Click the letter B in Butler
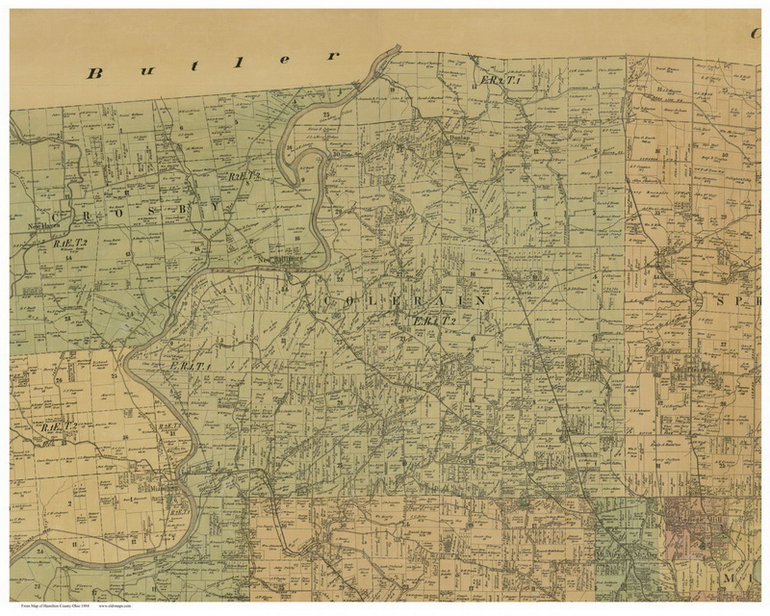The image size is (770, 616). tap(94, 73)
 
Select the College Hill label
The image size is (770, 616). tap(692, 529)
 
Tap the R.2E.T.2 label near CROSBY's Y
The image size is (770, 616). tap(243, 177)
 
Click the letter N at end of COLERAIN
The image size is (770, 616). tap(479, 301)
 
